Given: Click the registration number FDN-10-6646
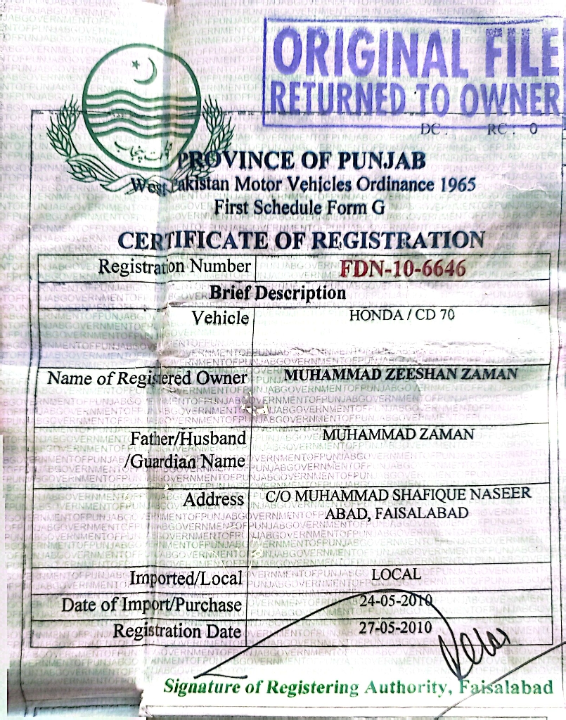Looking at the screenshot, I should coord(402,269).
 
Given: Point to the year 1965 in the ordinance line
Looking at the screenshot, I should coord(457,186).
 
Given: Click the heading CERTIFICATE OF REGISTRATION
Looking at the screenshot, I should coord(301,240).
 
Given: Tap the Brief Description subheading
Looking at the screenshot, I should coord(278,292).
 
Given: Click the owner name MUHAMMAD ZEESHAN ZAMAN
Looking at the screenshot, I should coord(401,374).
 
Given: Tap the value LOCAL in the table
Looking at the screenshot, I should coord(396,574).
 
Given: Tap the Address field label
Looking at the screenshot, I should coord(213,500).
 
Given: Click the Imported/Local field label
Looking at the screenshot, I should coord(186,579).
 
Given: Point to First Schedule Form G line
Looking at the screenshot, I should coord(290,207).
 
